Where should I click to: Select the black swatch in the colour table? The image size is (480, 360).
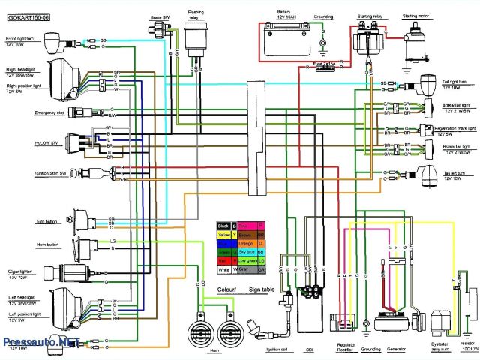(x=223, y=225)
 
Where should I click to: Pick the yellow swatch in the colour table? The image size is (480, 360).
(x=223, y=235)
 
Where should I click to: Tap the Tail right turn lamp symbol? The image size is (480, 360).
(x=428, y=80)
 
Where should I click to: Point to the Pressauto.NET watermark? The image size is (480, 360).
(x=42, y=340)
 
